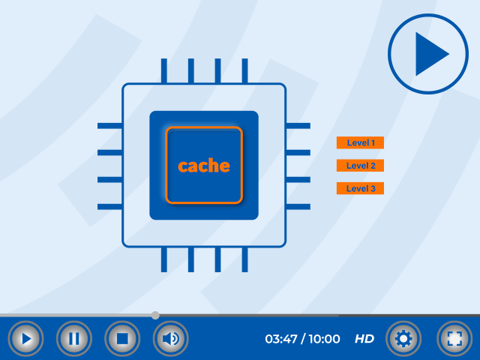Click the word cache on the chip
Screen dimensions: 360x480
204,166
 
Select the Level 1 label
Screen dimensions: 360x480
360,142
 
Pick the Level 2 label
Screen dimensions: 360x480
360,166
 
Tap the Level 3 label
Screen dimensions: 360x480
360,188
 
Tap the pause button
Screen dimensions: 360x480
73,338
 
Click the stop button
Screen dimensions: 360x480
122,338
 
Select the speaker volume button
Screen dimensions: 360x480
170,338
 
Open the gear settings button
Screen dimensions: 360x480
403,338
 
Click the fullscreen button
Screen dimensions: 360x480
454,338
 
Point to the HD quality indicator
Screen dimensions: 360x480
364,339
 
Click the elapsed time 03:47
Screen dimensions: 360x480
280,339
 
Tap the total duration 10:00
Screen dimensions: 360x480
324,339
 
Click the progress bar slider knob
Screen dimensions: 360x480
155,315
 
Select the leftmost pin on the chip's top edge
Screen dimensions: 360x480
163,70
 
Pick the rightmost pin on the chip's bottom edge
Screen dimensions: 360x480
244,259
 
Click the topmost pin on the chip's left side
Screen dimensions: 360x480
110,125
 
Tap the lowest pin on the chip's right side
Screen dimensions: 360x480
298,206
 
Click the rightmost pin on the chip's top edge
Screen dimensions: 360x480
244,70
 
